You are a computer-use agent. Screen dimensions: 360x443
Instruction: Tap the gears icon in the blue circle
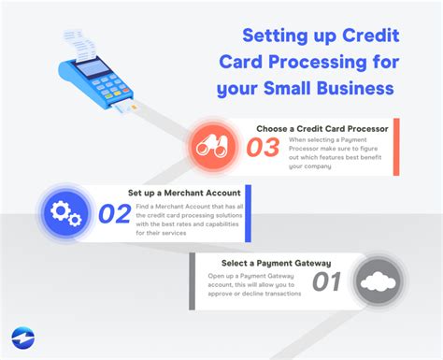click(64, 214)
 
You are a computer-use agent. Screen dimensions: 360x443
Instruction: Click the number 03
click(264, 147)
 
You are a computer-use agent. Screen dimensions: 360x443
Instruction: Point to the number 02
click(114, 214)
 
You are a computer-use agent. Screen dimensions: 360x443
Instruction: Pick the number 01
click(327, 281)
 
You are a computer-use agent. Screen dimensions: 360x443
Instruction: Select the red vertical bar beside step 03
click(396, 147)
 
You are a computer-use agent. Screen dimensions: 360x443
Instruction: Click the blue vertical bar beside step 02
click(248, 214)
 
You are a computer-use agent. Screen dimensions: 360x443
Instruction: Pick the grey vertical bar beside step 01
click(193, 281)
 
